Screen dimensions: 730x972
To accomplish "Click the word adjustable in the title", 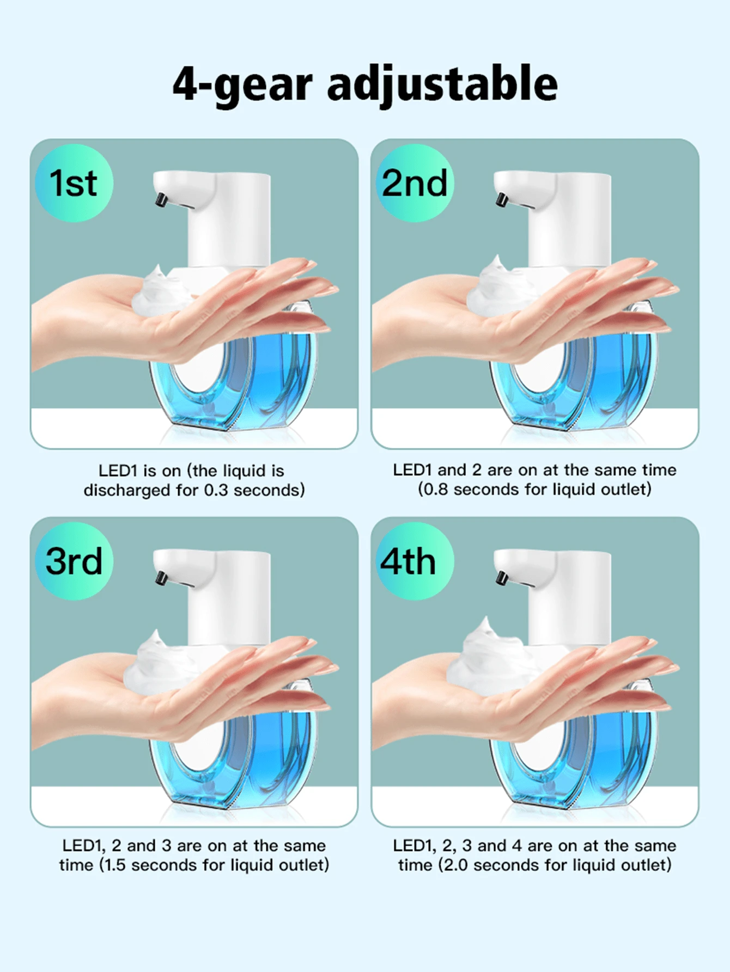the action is click(442, 84).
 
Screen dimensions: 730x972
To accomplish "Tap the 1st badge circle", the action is click(74, 183).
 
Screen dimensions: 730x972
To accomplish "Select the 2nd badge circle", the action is click(415, 183).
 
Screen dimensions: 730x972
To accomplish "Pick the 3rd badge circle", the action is click(74, 561).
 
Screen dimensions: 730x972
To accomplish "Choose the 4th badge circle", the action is click(415, 561).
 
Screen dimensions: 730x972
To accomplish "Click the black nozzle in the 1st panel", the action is click(161, 199).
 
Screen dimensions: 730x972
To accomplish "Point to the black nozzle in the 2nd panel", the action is click(502, 199).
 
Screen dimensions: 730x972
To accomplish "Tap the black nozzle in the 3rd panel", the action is click(161, 578).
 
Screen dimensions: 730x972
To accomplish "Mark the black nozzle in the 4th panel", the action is click(502, 578).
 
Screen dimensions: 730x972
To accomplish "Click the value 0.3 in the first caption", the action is click(216, 490).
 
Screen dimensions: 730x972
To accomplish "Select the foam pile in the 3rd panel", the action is click(159, 662).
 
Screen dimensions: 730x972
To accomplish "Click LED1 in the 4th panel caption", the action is click(414, 846).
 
